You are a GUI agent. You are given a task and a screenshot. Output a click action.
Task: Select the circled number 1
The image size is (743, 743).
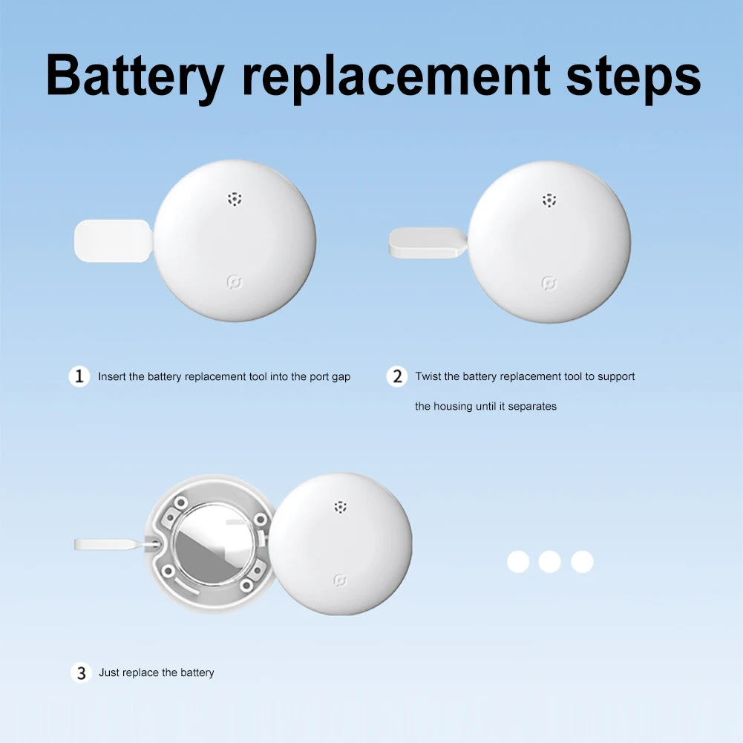(79, 377)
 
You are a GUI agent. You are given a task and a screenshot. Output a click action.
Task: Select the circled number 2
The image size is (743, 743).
(396, 377)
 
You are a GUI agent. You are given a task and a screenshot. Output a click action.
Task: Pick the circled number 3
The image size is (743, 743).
(81, 673)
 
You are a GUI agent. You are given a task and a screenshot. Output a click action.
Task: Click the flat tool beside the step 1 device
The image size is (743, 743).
(114, 240)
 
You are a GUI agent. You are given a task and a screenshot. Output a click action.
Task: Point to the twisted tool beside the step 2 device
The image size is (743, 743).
(428, 243)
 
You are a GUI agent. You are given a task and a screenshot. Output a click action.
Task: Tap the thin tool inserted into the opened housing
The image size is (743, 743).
(116, 545)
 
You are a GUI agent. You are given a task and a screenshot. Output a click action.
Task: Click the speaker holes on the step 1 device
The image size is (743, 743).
(235, 199)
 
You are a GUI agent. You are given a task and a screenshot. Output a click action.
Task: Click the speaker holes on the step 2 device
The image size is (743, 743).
(549, 200)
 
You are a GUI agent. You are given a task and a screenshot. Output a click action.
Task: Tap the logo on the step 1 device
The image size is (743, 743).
(235, 282)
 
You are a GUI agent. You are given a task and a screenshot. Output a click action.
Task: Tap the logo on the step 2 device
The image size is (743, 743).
(549, 284)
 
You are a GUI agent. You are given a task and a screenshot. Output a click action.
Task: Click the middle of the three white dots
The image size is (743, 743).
(550, 561)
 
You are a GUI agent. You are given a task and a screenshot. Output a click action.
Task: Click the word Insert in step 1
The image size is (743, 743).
(112, 377)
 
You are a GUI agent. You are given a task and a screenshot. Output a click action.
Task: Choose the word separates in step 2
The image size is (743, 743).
(532, 407)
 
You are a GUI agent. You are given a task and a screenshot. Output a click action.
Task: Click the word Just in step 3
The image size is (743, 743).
(108, 672)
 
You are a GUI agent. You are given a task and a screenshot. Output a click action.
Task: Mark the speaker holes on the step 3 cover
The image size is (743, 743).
(340, 506)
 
